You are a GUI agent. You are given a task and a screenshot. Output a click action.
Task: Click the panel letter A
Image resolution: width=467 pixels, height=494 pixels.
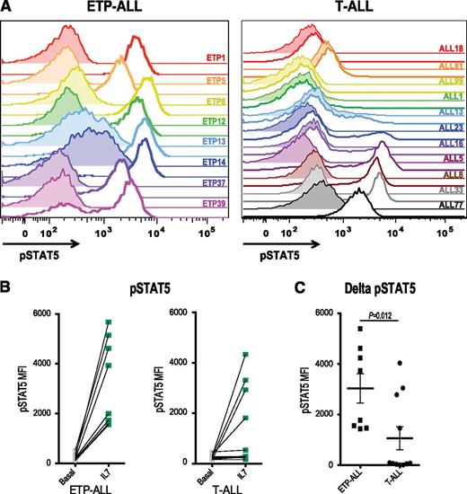pyautogui.click(x=7, y=8)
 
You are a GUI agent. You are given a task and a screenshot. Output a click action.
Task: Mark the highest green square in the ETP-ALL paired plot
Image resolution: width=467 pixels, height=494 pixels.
pyautogui.click(x=108, y=322)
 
